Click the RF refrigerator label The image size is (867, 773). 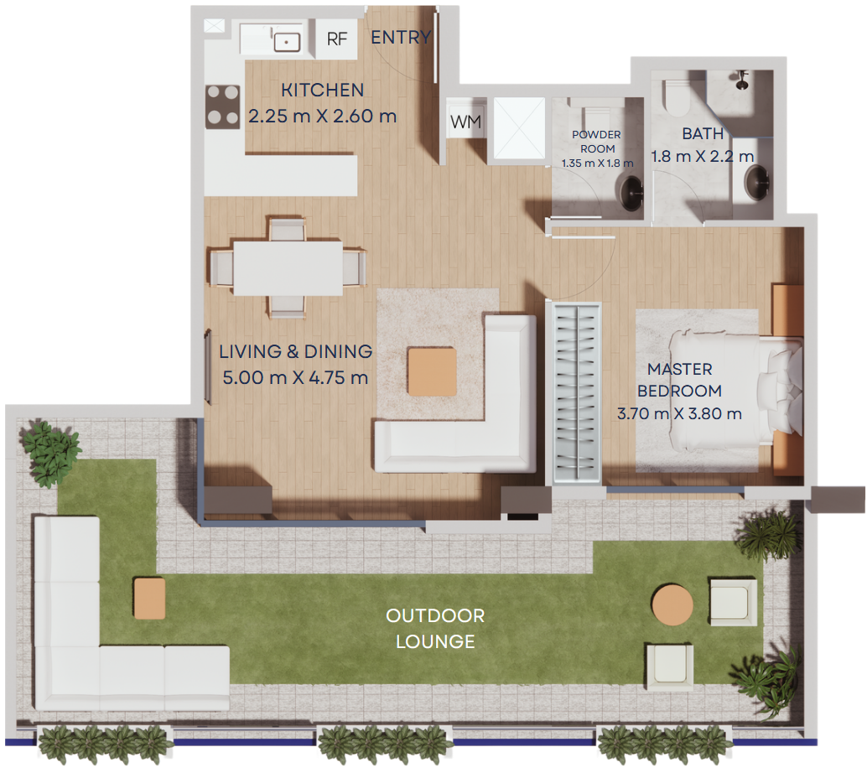337,39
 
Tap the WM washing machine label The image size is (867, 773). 465,122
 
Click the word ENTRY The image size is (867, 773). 401,37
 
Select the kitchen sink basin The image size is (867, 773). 287,42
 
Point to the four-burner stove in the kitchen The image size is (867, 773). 223,106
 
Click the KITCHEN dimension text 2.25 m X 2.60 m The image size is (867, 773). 322,116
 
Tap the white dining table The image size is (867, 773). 288,267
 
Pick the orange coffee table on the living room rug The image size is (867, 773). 432,371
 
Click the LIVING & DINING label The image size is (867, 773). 296,351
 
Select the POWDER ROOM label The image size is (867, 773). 597,142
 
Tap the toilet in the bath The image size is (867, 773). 676,96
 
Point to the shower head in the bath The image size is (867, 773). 742,80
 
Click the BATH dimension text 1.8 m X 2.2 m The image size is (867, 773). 703,157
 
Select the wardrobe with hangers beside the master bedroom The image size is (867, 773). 577,392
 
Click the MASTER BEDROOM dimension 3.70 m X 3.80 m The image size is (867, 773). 679,413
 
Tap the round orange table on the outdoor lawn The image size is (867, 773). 672,604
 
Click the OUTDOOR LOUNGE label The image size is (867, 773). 435,629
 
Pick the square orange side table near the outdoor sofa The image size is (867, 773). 149,599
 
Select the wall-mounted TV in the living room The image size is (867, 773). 208,368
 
